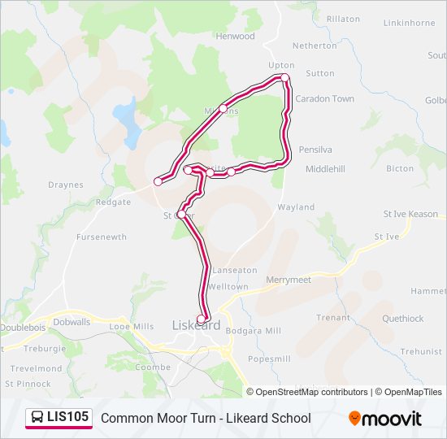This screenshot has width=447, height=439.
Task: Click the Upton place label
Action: [281, 64]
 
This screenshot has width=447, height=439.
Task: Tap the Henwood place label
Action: [235, 37]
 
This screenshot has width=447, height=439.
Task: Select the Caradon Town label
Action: [324, 99]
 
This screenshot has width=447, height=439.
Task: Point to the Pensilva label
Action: [316, 150]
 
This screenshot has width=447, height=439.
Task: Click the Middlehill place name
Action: [325, 169]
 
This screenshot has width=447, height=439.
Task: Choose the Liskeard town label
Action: [196, 325]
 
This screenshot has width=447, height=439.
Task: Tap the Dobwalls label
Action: [72, 322]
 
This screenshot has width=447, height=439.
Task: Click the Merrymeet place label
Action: [289, 280]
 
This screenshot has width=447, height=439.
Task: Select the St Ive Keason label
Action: [410, 214]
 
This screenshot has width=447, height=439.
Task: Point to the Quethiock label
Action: [402, 319]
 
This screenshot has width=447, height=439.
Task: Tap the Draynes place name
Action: [65, 185]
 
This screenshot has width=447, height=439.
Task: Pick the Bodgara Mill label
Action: [254, 331]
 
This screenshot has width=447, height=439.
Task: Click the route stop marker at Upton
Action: [285, 78]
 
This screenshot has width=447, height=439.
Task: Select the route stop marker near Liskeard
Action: [202, 319]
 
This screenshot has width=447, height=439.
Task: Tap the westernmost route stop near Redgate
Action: [158, 181]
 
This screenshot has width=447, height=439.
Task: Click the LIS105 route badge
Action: [59, 417]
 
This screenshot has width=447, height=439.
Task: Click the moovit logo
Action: [385, 418]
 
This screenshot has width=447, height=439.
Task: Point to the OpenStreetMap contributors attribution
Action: [311, 392]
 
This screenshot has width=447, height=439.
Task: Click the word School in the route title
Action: [291, 418]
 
